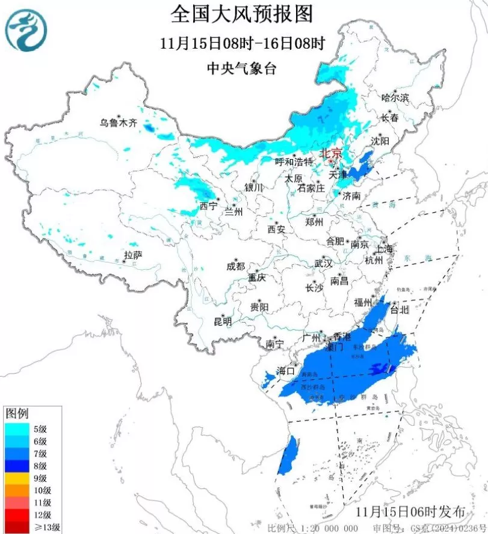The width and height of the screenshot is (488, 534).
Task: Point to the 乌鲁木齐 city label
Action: pos(119,123)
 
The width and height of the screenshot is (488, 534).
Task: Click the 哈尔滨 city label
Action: pos(395,97)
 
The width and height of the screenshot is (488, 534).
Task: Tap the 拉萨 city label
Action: pos(133,255)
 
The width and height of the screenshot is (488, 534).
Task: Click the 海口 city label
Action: pos(286,371)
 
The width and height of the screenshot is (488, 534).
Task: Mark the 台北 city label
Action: pos(400,310)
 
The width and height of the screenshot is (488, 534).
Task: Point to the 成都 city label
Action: pos(236,266)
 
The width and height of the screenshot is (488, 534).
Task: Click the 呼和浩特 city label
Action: pos(294,162)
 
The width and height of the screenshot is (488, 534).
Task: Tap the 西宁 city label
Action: pos(208,207)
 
